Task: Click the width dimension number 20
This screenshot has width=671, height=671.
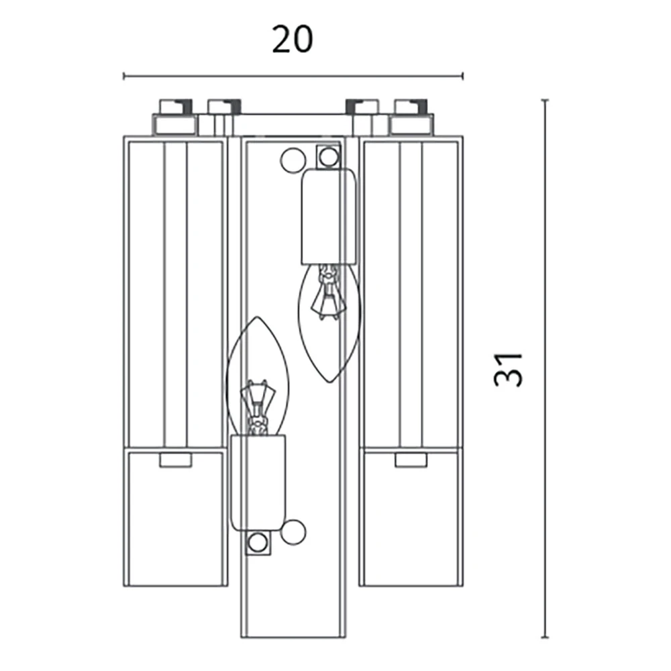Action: tap(293, 40)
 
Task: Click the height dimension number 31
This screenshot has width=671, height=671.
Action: tap(509, 370)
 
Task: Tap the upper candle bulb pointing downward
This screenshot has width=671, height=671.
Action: tap(329, 323)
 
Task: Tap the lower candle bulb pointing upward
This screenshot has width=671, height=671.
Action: tap(257, 376)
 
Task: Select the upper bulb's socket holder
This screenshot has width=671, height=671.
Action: tap(329, 217)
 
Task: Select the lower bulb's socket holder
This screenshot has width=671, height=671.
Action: tap(258, 483)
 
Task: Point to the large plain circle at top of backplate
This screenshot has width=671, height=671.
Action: tap(293, 160)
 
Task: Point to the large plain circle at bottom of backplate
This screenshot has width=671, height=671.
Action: tap(293, 532)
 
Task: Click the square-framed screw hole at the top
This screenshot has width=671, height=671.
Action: tap(329, 156)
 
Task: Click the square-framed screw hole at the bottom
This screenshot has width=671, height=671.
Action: tap(258, 543)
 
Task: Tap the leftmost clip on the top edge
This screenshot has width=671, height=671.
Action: tap(175, 107)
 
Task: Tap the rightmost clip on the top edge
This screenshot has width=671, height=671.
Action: tap(411, 107)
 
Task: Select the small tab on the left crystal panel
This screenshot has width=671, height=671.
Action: tap(175, 460)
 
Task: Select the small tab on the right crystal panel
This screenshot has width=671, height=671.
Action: tap(411, 460)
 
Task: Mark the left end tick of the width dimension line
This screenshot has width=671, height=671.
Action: tap(124, 76)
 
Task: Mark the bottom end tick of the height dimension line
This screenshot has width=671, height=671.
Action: tap(545, 637)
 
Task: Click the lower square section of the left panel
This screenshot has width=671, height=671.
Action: tap(175, 517)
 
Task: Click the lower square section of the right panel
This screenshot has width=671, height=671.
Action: tap(411, 517)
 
